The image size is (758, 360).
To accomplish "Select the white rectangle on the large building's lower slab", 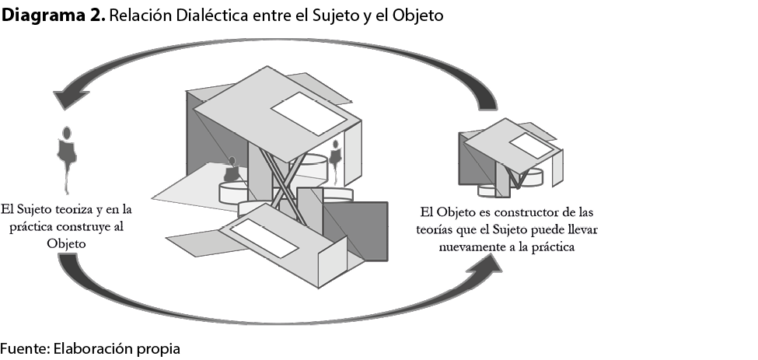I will tap(264, 237).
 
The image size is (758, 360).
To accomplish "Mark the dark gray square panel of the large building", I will tap(356, 231).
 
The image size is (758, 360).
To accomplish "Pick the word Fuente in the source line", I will tap(23, 348).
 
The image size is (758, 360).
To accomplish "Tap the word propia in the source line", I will tap(159, 349).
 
